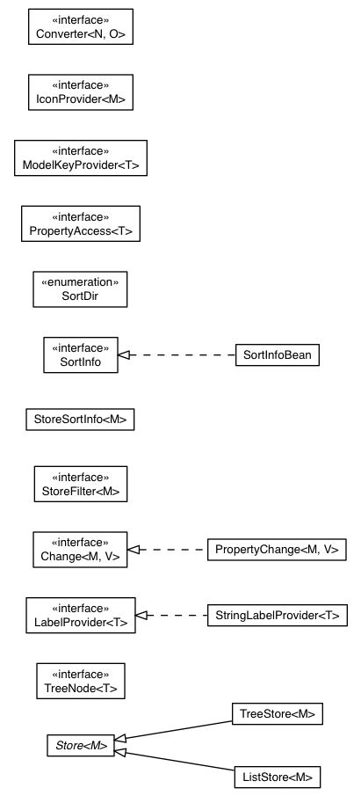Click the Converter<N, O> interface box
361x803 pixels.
tap(80, 26)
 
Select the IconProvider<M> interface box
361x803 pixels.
tap(80, 91)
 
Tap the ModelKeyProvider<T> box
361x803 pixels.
tap(80, 157)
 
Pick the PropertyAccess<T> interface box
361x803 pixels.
tap(80, 223)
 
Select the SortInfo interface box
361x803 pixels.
tap(80, 354)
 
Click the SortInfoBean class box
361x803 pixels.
tap(277, 355)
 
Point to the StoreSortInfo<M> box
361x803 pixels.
tap(80, 420)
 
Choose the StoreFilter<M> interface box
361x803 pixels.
tap(80, 484)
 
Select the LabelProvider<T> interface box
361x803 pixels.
tap(80, 615)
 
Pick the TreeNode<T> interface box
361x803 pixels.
tap(80, 680)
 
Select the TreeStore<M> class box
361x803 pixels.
tap(277, 714)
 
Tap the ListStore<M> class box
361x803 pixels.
tap(277, 777)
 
